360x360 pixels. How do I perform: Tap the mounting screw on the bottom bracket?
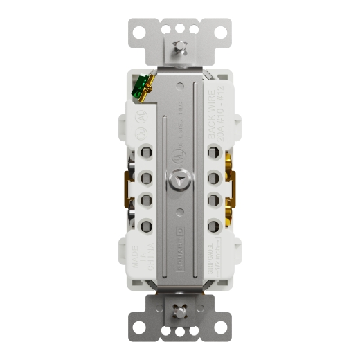tap(180, 312)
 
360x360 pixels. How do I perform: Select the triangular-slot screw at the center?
tap(180, 179)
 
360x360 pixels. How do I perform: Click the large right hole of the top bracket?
tap(220, 31)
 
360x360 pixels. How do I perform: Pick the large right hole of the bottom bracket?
tap(220, 330)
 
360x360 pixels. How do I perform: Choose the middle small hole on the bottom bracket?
tap(180, 331)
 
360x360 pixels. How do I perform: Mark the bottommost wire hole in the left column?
tap(147, 226)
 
